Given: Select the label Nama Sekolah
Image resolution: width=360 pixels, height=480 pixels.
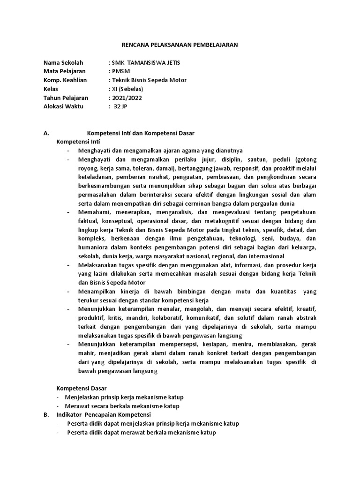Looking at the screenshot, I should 63,62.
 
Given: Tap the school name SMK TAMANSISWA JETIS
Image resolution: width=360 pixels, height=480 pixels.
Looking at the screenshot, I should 146,62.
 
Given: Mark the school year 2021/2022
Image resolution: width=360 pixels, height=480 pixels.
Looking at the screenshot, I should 127,98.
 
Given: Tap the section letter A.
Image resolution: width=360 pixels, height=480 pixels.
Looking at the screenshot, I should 46,133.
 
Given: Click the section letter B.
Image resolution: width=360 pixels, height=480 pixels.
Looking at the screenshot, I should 46,415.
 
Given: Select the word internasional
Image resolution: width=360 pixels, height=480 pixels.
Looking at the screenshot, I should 262,256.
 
